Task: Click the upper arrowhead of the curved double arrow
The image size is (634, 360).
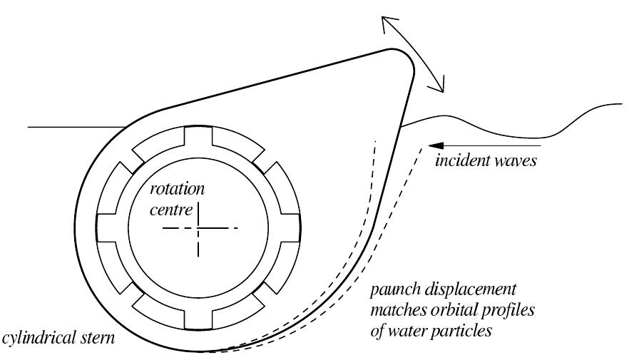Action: [384, 21]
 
